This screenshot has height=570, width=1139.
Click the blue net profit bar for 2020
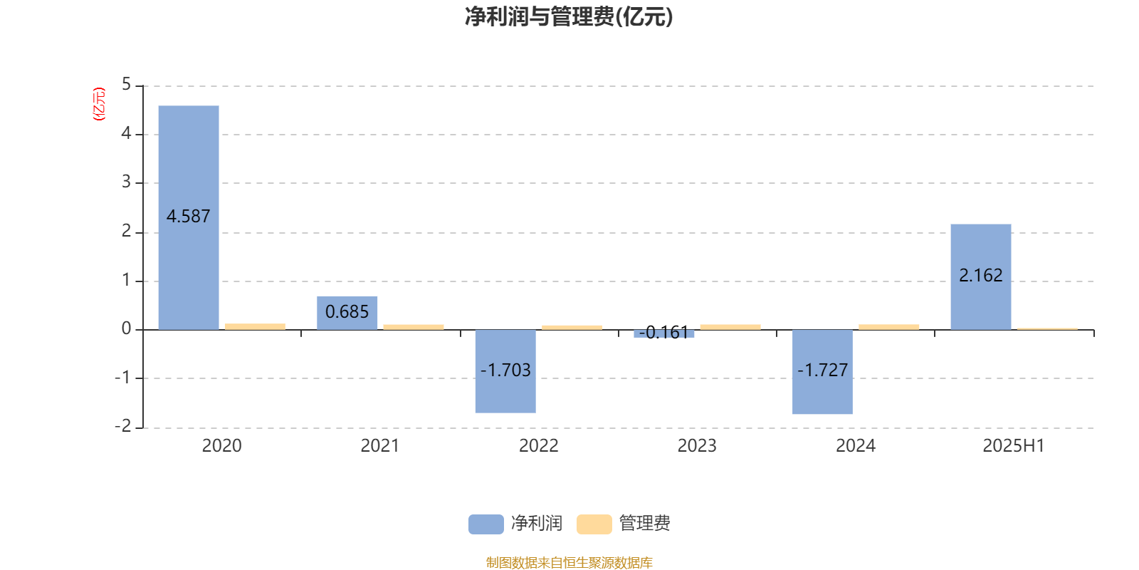pyautogui.click(x=189, y=218)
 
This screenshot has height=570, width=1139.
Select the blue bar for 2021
pyautogui.click(x=347, y=313)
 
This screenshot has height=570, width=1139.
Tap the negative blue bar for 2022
pyautogui.click(x=505, y=371)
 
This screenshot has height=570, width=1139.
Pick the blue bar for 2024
pyautogui.click(x=822, y=372)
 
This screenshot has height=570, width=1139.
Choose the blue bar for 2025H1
pyautogui.click(x=981, y=277)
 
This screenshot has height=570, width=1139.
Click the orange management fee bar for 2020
pyautogui.click(x=256, y=327)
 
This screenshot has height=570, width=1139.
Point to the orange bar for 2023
pyautogui.click(x=730, y=327)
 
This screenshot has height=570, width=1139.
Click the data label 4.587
pyautogui.click(x=188, y=217)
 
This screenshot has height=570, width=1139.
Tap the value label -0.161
pyautogui.click(x=663, y=332)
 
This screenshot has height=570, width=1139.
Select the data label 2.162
pyautogui.click(x=981, y=275)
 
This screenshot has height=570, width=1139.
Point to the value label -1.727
pyautogui.click(x=822, y=370)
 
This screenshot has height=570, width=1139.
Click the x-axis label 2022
pyautogui.click(x=538, y=446)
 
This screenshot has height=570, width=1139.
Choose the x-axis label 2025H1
pyautogui.click(x=1014, y=446)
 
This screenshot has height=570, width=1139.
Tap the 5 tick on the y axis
pyautogui.click(x=126, y=85)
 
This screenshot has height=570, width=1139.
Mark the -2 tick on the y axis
pyautogui.click(x=122, y=426)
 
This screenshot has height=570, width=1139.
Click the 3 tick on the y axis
pyautogui.click(x=126, y=182)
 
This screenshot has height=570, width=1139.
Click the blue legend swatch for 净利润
pyautogui.click(x=486, y=524)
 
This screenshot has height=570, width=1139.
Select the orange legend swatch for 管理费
pyautogui.click(x=594, y=524)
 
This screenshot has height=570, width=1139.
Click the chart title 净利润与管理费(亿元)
pyautogui.click(x=569, y=17)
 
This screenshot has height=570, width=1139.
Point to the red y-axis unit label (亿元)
pyautogui.click(x=99, y=104)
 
